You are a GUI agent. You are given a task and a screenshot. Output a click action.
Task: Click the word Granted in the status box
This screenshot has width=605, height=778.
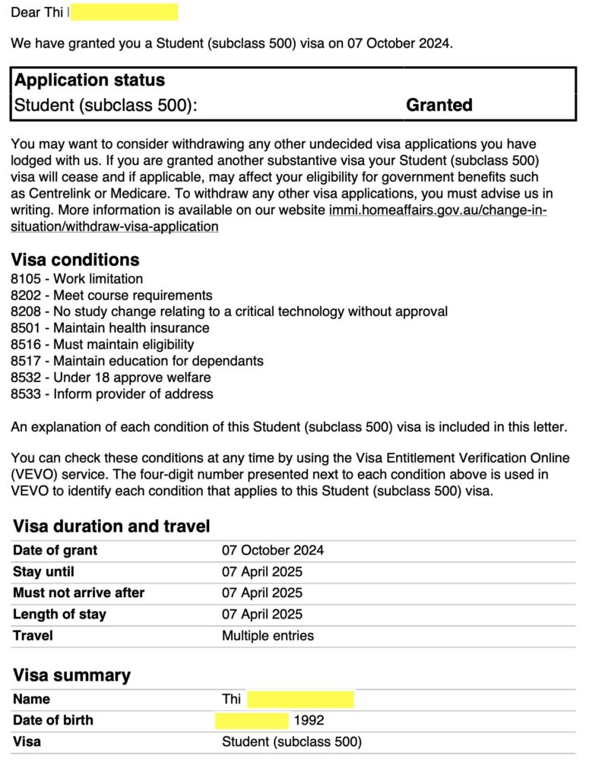(x=439, y=105)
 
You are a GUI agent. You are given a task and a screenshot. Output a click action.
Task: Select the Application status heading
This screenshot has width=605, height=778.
(x=90, y=80)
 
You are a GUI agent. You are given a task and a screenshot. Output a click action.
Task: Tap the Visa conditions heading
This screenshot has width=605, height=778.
(x=75, y=260)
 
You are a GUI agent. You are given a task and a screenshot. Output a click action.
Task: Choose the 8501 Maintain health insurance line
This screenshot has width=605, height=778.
(x=110, y=328)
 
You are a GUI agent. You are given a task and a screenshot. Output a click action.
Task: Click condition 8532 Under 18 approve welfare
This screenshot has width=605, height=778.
(x=111, y=378)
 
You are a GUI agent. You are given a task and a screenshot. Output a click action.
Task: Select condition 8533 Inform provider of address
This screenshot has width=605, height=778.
(x=112, y=394)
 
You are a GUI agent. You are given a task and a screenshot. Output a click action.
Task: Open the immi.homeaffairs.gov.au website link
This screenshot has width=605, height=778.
(x=437, y=210)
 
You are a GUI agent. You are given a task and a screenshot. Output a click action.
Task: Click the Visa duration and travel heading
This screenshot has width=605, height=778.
(x=111, y=526)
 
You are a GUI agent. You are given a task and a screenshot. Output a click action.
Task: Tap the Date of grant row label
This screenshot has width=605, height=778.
(x=55, y=550)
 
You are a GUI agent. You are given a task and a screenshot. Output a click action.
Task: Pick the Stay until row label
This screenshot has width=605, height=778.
(x=43, y=571)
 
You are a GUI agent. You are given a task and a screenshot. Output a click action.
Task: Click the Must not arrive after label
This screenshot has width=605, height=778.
(x=78, y=593)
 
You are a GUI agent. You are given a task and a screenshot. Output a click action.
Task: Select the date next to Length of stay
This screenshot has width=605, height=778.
(x=261, y=614)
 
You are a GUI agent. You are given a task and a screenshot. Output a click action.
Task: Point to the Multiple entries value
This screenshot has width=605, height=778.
(x=268, y=635)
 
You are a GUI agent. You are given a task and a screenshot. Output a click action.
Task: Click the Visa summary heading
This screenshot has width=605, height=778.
(x=71, y=675)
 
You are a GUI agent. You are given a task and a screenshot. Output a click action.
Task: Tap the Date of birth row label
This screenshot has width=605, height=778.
(x=52, y=720)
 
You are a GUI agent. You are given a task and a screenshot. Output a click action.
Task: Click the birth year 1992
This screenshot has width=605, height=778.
(x=309, y=720)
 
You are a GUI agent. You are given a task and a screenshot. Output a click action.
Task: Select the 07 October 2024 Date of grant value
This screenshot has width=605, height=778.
(x=272, y=550)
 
